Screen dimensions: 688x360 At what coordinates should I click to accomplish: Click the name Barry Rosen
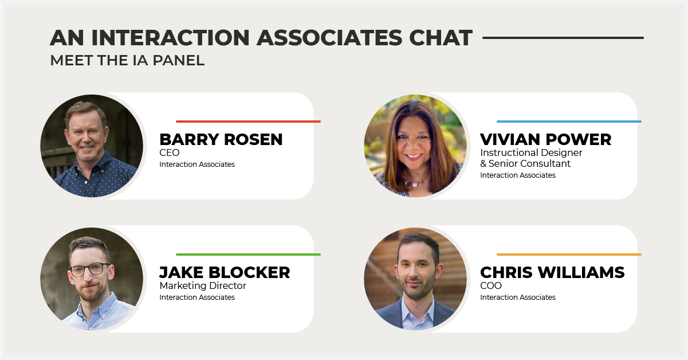pos(221,139)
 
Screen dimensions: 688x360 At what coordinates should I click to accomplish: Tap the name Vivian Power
pos(546,139)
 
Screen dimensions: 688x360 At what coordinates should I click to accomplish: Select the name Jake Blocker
pos(225,273)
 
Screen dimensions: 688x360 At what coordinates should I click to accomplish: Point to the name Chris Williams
pos(552,273)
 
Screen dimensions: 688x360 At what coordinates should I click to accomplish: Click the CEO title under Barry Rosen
pos(169,153)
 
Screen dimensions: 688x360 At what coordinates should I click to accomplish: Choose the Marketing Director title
pos(203,286)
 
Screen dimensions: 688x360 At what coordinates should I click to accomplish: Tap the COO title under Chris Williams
pos(491,286)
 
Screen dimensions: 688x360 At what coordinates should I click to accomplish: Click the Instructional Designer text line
pos(531,153)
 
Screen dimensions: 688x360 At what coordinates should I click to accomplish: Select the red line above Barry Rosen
pos(248,122)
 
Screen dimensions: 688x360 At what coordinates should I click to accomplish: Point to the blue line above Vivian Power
pos(569,122)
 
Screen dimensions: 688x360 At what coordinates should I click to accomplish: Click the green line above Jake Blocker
pos(248,255)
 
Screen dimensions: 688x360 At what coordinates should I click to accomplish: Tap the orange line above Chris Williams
pos(569,255)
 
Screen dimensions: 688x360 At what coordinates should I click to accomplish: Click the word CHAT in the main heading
pos(441,38)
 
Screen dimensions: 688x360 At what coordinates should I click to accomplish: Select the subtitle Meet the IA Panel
pos(127,60)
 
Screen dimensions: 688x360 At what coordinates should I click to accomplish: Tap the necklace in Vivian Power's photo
pos(415,181)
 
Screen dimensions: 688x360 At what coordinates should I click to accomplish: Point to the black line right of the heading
pos(563,38)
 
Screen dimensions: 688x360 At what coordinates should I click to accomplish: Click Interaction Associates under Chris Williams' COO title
pos(517,298)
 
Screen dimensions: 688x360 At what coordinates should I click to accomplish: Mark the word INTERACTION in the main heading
pos(170,38)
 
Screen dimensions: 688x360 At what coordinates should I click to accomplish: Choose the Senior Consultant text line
pos(525,163)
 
